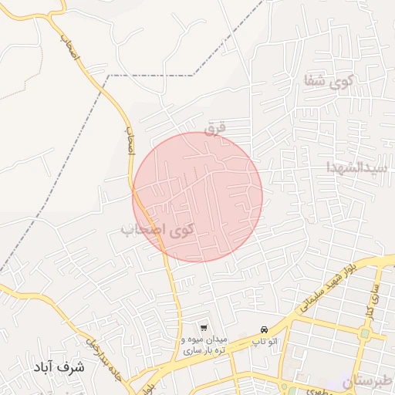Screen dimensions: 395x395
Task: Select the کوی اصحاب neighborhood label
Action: point(157,229)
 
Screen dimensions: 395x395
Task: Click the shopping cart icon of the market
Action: point(203,328)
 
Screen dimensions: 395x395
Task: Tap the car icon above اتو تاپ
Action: point(265,329)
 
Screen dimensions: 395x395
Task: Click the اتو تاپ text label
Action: point(265,340)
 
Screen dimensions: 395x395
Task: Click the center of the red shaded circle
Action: point(197,197)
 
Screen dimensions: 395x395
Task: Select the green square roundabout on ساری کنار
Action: point(364,333)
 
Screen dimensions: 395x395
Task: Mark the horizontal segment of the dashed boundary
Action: point(150,76)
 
